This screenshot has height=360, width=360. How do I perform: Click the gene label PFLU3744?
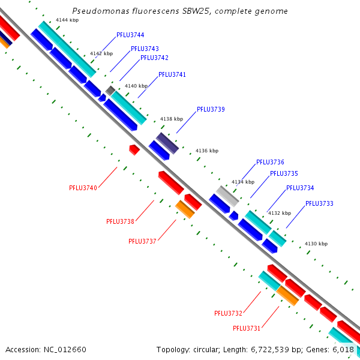130,35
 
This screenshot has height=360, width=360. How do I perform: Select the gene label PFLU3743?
145,49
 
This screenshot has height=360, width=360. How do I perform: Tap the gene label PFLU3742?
154,58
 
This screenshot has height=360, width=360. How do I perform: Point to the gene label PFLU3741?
172,75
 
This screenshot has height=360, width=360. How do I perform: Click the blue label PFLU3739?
211,110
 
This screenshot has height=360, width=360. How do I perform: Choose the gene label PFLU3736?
270,163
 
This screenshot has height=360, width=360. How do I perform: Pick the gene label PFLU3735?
284,174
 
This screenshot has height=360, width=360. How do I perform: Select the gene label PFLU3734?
300,188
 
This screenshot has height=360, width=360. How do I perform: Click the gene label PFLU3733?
319,204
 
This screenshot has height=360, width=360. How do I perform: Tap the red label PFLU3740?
83,188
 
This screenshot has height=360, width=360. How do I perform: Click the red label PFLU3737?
142,241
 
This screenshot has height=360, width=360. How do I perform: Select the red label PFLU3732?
228,314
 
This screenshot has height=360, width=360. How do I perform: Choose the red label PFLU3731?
246,328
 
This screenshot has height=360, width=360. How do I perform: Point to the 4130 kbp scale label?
316,244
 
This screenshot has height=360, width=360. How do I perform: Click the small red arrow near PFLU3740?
134,149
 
